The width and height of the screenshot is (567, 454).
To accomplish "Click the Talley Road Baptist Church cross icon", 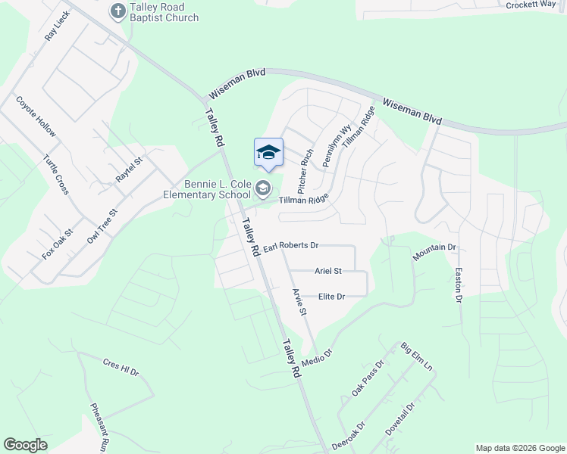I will pyautogui.click(x=117, y=11).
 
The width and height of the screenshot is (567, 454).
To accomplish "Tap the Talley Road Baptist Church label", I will pyautogui.click(x=163, y=12).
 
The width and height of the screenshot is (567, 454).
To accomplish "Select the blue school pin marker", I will pyautogui.click(x=268, y=154).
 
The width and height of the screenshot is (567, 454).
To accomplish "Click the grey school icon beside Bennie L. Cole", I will pyautogui.click(x=263, y=187).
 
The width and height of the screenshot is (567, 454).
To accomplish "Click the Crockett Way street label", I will pyautogui.click(x=532, y=5).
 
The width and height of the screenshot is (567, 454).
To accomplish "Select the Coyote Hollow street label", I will pyautogui.click(x=36, y=117).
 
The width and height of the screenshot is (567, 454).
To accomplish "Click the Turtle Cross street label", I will pyautogui.click(x=56, y=175).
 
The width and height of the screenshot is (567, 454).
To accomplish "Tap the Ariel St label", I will pyautogui.click(x=328, y=271).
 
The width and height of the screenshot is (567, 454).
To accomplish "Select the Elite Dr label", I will pyautogui.click(x=332, y=297).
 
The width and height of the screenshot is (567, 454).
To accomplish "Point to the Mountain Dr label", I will pyautogui.click(x=434, y=253).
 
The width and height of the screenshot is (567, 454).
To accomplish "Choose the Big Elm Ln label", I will pyautogui.click(x=416, y=357).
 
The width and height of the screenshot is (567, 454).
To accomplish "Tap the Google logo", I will pyautogui.click(x=26, y=445).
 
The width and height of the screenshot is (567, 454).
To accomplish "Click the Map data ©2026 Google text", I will pyautogui.click(x=519, y=448).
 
